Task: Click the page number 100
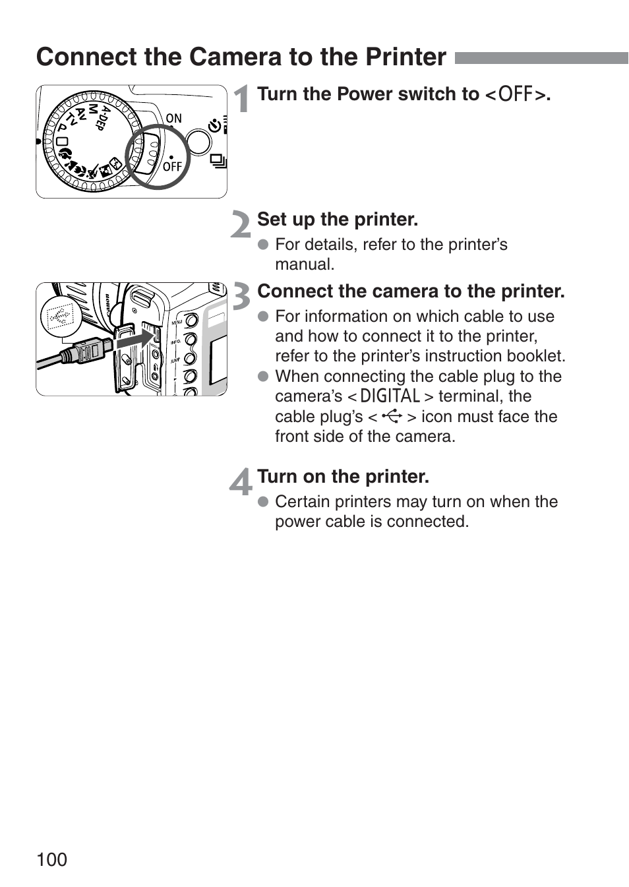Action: coord(52,859)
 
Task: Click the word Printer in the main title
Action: coord(406,57)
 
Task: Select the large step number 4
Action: coord(241,481)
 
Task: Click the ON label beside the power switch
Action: coord(173,119)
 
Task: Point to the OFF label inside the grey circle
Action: coord(172,167)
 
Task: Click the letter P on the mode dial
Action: coord(62,127)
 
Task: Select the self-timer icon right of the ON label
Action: coord(215,125)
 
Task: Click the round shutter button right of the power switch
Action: coord(198,140)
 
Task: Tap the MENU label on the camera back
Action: coord(177,322)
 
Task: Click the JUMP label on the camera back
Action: coord(175,361)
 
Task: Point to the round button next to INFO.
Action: coord(191,340)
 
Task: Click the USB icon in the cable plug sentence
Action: coord(392,416)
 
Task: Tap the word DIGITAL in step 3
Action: coord(390,396)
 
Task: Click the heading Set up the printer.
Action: coord(338,220)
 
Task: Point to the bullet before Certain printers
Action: coord(264,502)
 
